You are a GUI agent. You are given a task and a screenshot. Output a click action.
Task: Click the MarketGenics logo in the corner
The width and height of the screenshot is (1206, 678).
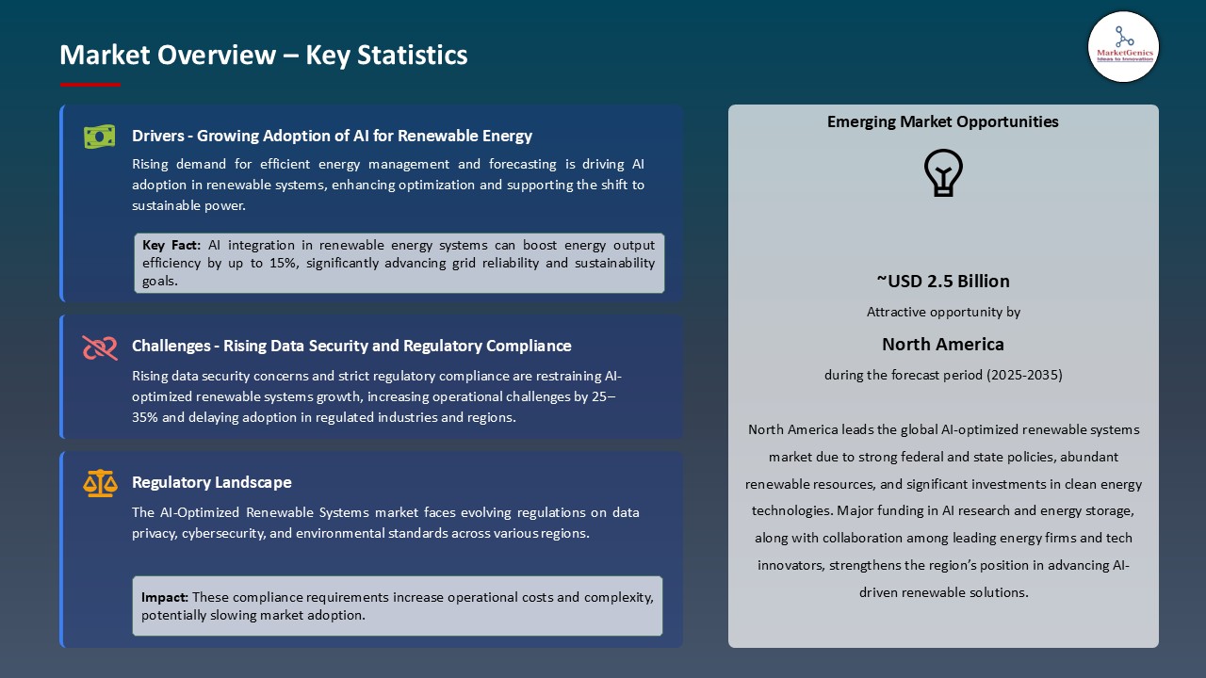click(1123, 46)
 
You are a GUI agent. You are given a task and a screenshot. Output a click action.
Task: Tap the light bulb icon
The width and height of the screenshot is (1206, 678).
click(943, 173)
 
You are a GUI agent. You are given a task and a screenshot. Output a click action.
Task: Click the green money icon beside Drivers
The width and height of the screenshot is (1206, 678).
click(99, 137)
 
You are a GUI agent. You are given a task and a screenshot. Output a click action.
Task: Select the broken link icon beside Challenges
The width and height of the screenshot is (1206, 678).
click(99, 347)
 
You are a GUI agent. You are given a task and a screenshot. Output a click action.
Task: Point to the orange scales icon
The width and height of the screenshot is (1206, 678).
click(100, 484)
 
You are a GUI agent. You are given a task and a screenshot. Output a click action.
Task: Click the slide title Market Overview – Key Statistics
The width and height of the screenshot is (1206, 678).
click(263, 55)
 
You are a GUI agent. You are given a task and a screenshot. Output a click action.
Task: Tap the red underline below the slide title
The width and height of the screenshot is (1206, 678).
click(90, 85)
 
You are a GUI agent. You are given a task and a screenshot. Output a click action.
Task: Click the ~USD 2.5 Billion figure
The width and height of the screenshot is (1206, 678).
click(943, 281)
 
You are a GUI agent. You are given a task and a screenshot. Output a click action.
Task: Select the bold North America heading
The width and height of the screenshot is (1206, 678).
click(943, 344)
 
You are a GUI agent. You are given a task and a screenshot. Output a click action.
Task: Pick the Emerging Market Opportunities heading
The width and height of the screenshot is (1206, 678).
click(943, 121)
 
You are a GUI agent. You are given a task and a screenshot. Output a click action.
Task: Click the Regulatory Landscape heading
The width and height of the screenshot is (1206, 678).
click(212, 482)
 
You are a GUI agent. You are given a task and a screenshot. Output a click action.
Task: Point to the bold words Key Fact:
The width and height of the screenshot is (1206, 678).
click(171, 245)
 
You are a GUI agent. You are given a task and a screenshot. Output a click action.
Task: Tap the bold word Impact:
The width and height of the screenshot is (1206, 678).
click(165, 597)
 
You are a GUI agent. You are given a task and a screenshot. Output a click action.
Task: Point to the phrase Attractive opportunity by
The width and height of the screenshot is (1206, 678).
click(943, 312)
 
